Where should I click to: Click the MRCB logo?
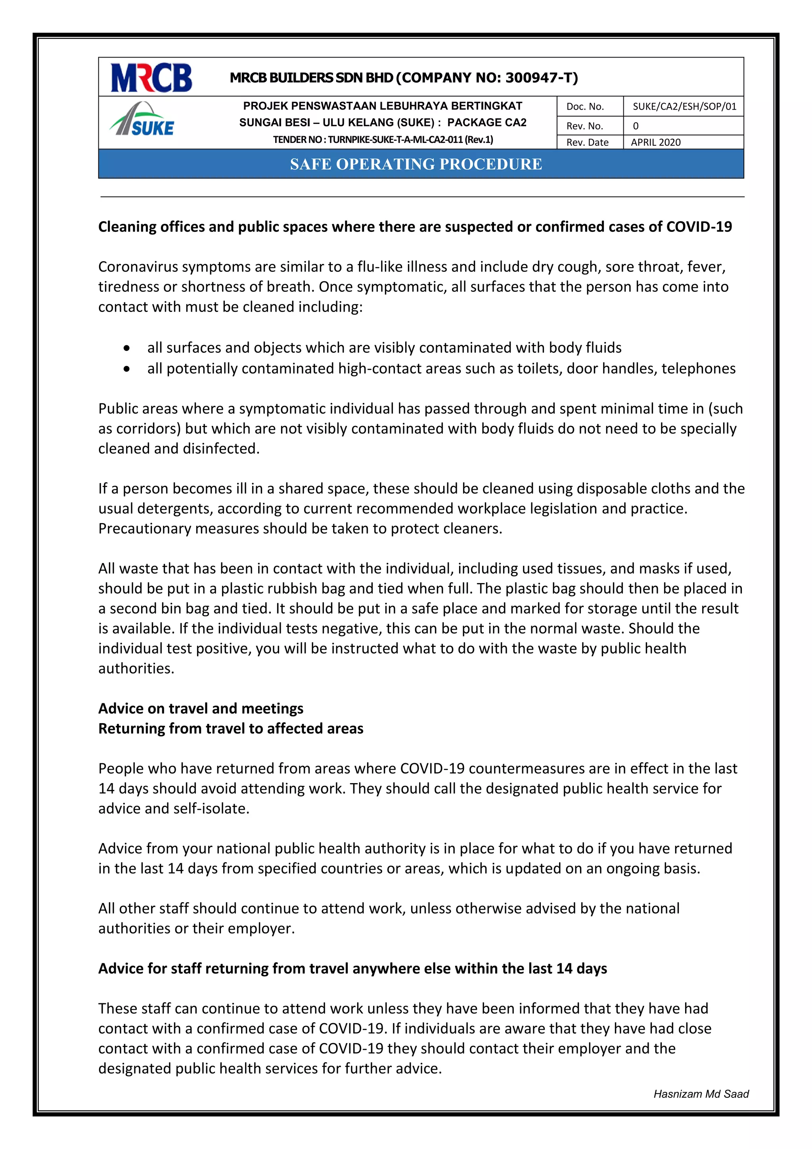click(x=151, y=77)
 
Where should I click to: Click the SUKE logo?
click(x=142, y=121)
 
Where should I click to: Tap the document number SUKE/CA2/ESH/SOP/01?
click(x=684, y=106)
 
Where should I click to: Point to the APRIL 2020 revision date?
click(x=655, y=142)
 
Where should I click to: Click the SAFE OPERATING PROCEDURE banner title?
click(x=416, y=164)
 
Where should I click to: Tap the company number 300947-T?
click(x=542, y=77)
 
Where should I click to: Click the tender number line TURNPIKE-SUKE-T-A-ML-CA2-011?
click(x=383, y=140)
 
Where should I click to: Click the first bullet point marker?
click(x=128, y=348)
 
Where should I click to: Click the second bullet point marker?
click(x=128, y=369)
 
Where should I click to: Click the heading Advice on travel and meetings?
click(x=201, y=708)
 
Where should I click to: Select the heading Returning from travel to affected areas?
click(x=230, y=729)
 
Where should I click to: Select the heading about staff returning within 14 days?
click(x=352, y=968)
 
